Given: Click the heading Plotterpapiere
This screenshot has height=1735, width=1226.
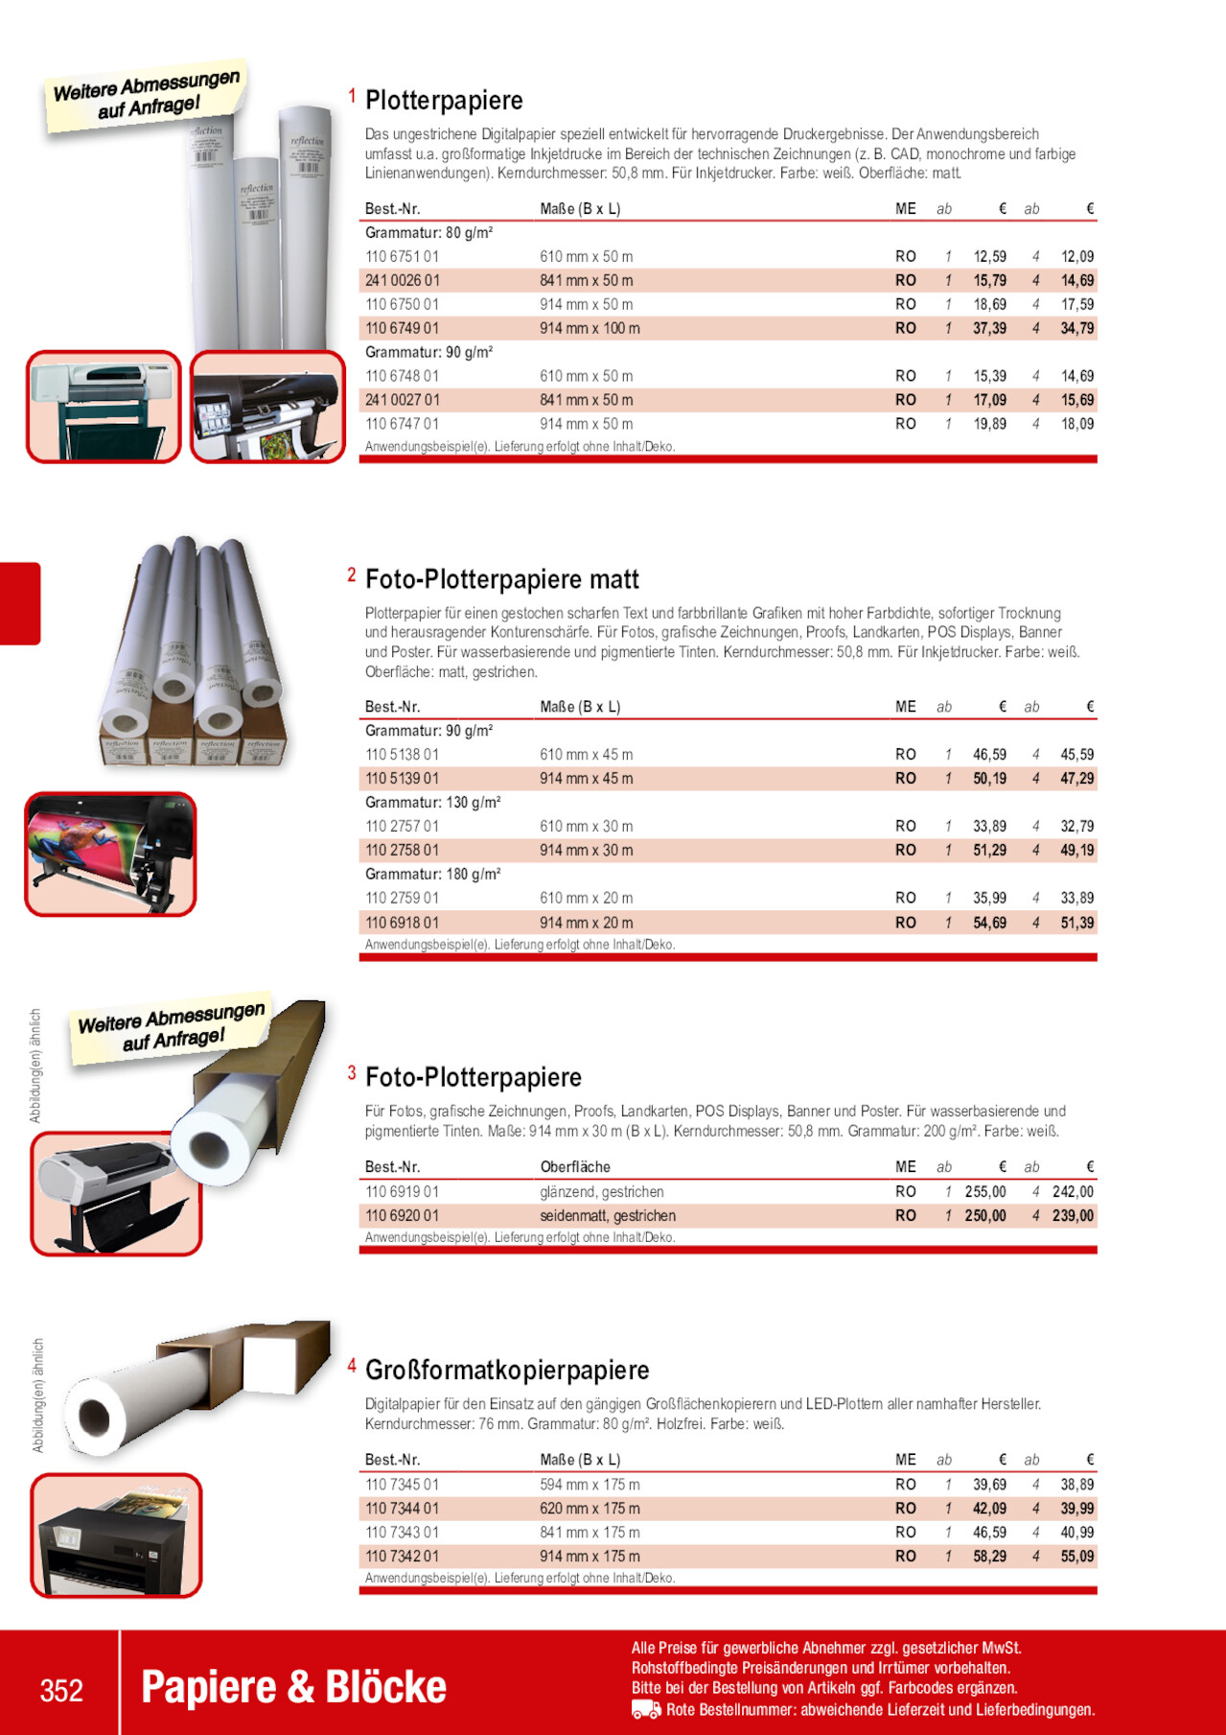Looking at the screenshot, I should [x=444, y=101].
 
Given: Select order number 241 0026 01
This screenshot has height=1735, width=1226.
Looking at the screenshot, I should [x=402, y=281].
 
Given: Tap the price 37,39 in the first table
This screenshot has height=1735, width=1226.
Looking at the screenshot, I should [x=989, y=328].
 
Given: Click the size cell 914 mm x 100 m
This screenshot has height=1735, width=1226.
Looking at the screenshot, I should [x=590, y=328].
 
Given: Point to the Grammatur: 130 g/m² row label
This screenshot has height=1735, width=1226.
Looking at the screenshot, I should [x=432, y=803].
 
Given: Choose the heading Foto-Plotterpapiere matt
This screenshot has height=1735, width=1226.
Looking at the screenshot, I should [x=501, y=579].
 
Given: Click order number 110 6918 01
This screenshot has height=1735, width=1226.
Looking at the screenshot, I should [x=402, y=923].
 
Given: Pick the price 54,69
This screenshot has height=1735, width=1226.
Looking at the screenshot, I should [x=989, y=923].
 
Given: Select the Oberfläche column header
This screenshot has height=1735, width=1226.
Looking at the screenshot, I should [x=575, y=1167].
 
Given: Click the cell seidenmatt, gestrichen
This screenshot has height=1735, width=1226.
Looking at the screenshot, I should [x=608, y=1216].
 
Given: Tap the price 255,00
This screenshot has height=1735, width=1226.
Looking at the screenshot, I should [x=984, y=1192].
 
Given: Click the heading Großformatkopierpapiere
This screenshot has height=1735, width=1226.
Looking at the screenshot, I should [x=507, y=1371].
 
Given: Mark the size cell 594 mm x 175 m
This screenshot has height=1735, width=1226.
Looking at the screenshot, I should [x=590, y=1485].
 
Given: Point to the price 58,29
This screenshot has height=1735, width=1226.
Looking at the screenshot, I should [x=989, y=1557].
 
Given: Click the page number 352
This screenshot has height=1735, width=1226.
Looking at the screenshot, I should [x=61, y=1690].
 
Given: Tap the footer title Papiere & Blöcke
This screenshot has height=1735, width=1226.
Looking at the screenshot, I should [x=293, y=1688].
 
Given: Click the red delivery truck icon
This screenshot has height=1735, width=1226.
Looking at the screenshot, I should [x=646, y=1710].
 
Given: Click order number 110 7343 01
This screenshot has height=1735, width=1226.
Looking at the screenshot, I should [x=402, y=1533].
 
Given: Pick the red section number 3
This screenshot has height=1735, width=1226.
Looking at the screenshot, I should [x=352, y=1073].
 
